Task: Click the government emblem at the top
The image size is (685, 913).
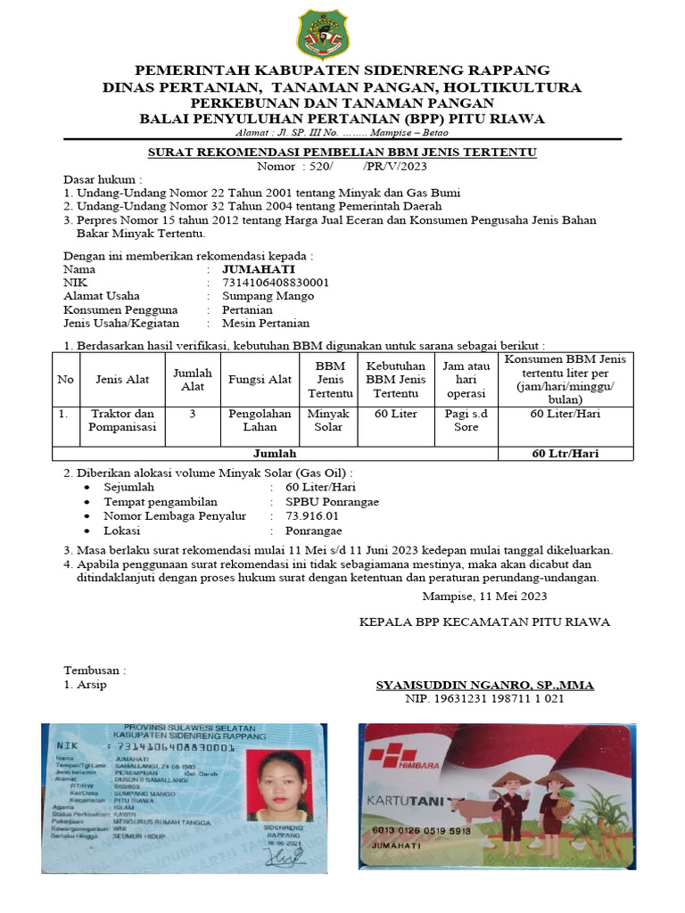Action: [323, 34]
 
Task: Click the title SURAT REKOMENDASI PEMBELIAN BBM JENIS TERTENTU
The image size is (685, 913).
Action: [342, 152]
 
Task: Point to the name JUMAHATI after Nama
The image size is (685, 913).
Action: [258, 268]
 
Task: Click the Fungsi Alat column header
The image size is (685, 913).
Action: [260, 380]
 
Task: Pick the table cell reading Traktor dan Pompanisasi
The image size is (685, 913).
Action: [123, 420]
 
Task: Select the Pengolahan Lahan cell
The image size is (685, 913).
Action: [260, 420]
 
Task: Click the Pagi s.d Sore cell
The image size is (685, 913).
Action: [466, 420]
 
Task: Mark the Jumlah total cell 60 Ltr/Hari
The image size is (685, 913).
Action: [565, 453]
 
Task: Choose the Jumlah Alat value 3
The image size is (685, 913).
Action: [192, 414]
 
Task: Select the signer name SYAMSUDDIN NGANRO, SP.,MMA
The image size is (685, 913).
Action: [484, 685]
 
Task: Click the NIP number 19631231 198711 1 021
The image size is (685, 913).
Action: [484, 699]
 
